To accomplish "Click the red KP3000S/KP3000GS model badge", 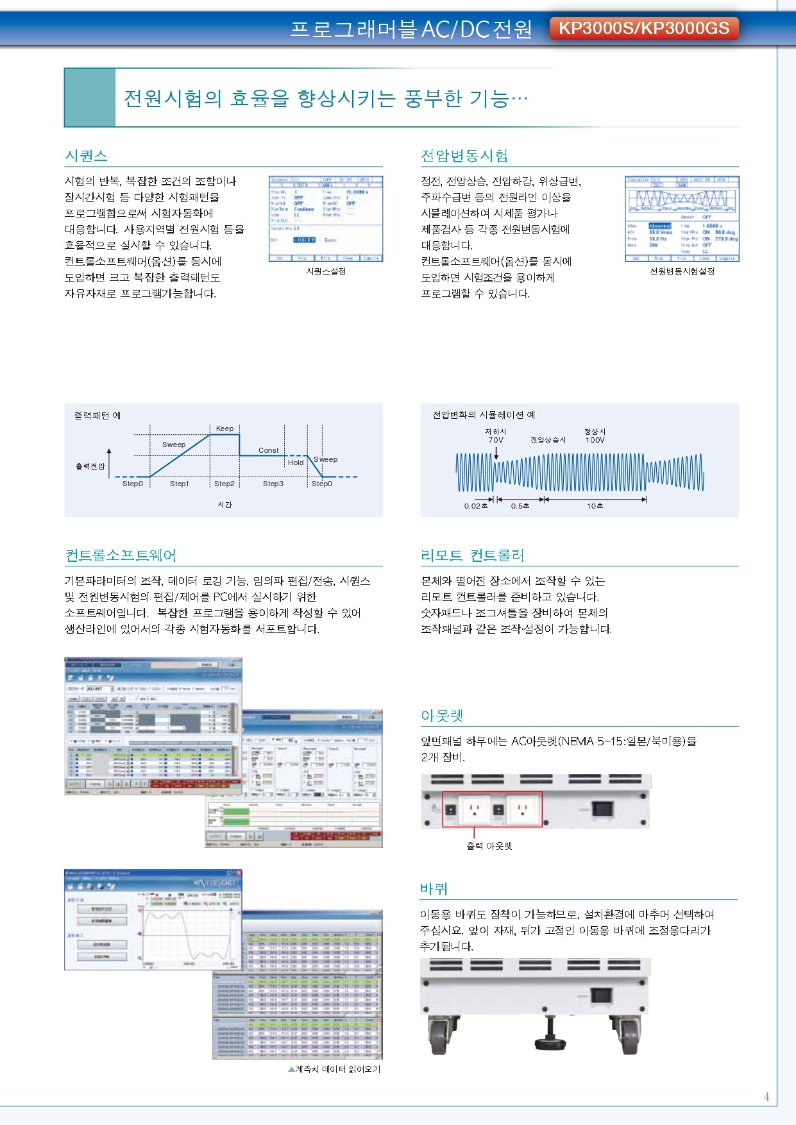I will pos(644,28).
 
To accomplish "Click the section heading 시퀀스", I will pos(86,156).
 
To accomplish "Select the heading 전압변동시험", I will pos(464,156).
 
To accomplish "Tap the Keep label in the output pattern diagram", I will pos(224,428).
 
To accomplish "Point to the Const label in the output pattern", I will pos(268,450).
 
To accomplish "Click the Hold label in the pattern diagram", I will pos(295,462).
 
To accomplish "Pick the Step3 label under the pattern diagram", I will pos(273,484).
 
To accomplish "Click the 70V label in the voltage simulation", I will pos(495,440).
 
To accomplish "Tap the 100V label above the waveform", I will pos(595,440).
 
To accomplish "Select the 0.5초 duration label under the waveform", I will pos(520,506).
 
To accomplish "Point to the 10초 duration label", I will pos(595,506).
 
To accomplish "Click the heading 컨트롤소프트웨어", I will pos(121,555).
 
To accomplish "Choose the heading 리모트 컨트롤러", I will pos(473,555).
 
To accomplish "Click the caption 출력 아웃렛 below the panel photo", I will pos(489,846).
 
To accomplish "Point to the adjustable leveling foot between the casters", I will pos(549,1040).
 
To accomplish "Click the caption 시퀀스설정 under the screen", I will pos(326,271).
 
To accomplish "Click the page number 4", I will pos(766,1097).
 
